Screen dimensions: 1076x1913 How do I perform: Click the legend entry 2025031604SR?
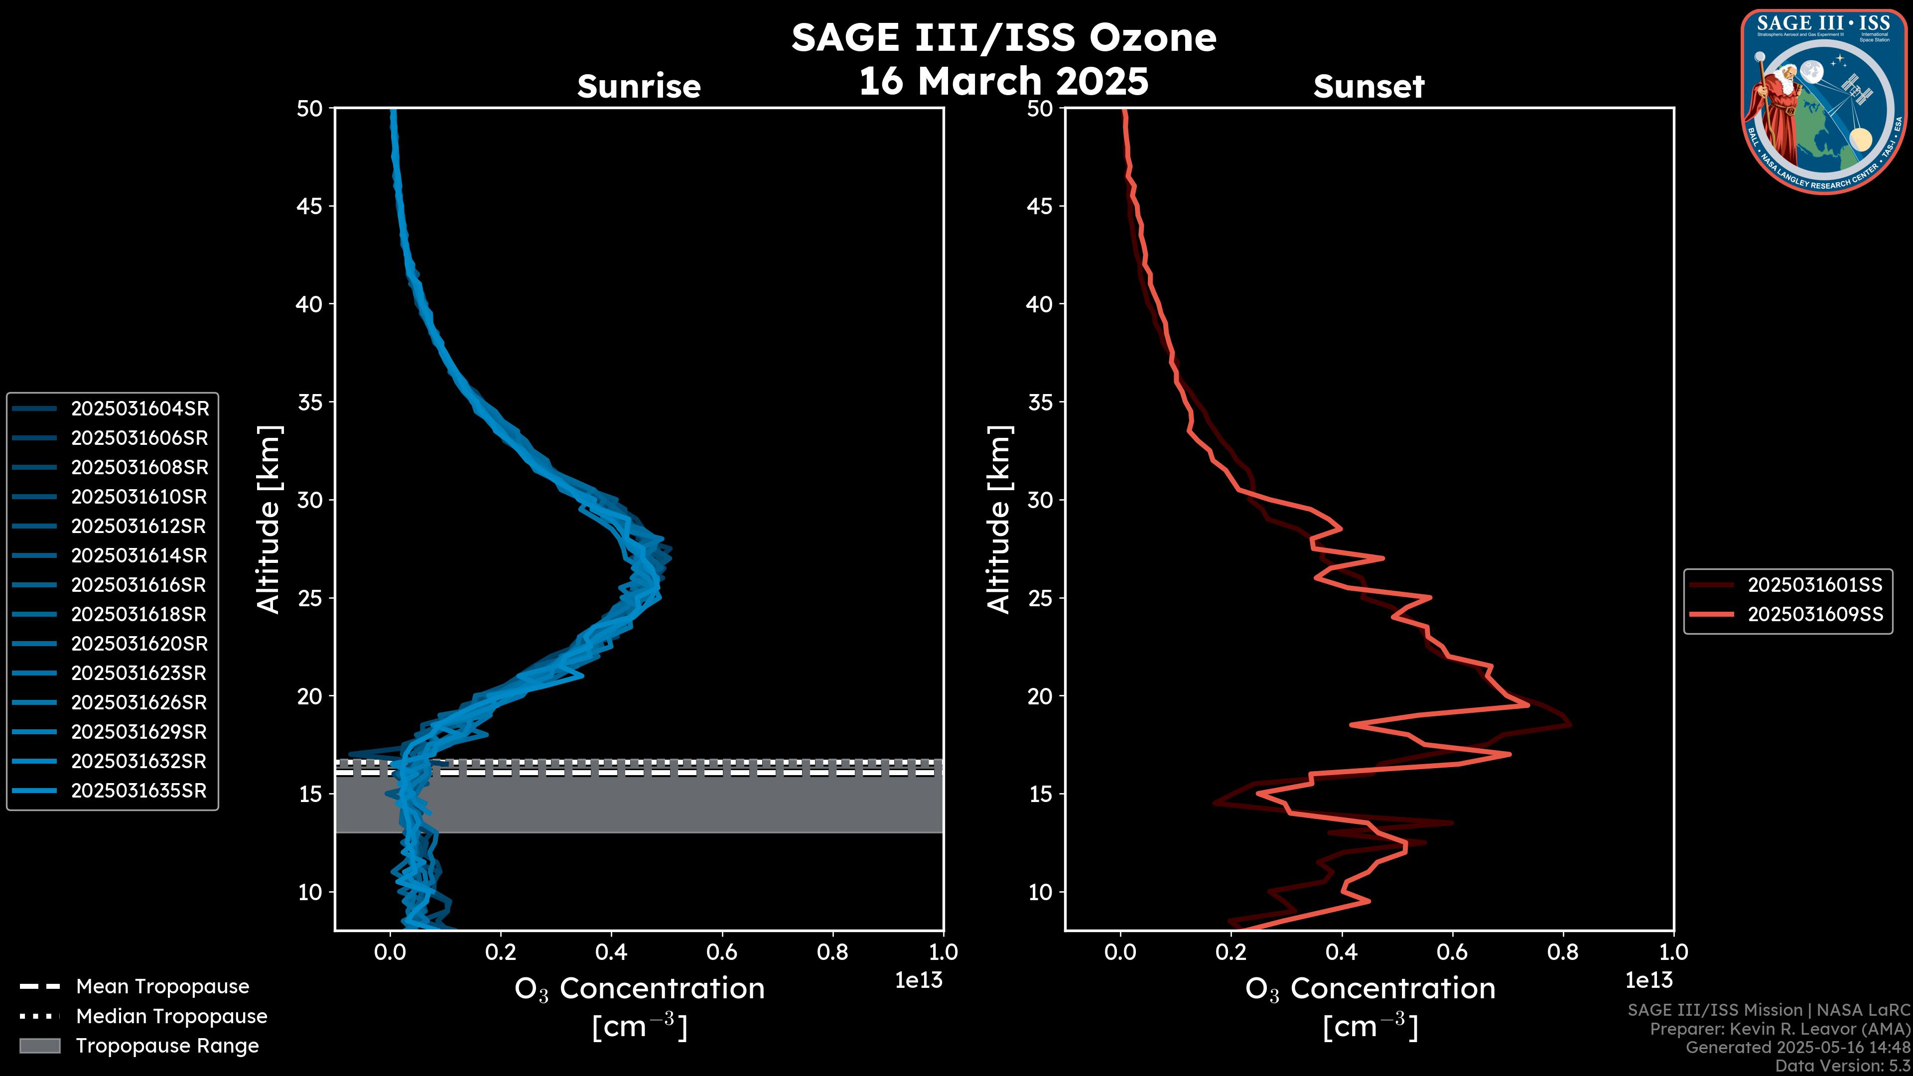139,408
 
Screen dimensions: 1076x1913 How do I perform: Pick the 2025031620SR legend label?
139,644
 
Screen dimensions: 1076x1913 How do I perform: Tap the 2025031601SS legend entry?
1815,585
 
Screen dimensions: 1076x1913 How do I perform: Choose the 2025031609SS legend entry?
1815,615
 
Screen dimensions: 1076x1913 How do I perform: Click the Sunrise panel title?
639,86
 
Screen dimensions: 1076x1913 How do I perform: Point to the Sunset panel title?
1368,86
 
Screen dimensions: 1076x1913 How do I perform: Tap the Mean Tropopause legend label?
162,986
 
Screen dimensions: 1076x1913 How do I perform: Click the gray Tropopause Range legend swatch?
39,1046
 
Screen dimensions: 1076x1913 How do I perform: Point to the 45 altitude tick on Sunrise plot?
310,206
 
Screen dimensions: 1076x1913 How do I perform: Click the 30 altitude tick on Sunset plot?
1040,500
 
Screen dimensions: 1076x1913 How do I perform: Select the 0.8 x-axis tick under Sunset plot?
1562,952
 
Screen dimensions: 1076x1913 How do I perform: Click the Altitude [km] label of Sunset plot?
999,519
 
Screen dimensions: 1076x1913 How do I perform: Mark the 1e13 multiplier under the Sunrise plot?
919,980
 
